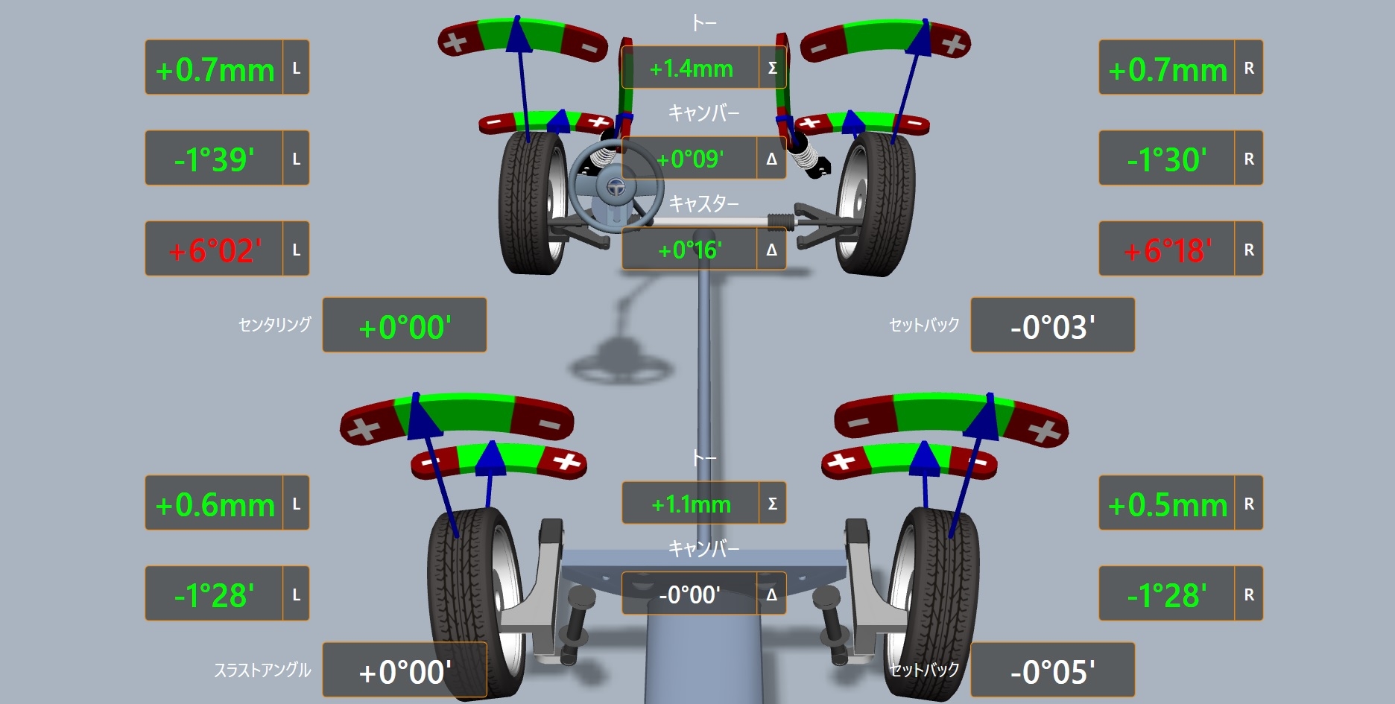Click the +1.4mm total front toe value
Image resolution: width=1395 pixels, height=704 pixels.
(x=691, y=69)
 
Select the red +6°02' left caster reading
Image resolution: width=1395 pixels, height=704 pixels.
(x=215, y=250)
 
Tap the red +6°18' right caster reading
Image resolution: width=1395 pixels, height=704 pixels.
(x=1167, y=250)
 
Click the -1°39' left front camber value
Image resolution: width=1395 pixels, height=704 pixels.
(x=215, y=159)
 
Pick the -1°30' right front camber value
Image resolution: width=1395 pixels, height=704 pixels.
(x=1167, y=159)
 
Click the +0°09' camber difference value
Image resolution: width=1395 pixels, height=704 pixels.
(x=689, y=159)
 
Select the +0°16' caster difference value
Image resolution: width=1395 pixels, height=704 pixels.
(x=689, y=250)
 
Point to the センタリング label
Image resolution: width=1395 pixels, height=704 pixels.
(x=274, y=325)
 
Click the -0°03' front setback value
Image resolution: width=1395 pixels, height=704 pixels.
(x=1052, y=326)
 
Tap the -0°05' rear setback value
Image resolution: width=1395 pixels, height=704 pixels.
(x=1052, y=671)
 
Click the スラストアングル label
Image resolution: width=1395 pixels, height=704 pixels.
(x=262, y=670)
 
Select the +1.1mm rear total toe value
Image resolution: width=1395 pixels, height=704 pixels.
(x=691, y=504)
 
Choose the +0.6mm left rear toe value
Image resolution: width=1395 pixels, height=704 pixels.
(x=215, y=504)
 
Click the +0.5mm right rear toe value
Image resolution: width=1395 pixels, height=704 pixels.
(x=1167, y=504)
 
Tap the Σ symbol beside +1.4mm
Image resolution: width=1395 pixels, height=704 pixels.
(x=772, y=69)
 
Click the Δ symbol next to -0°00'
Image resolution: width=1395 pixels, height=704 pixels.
(x=772, y=594)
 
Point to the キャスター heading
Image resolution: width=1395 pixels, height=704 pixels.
(x=703, y=203)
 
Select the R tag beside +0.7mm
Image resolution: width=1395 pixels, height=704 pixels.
(x=1249, y=69)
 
